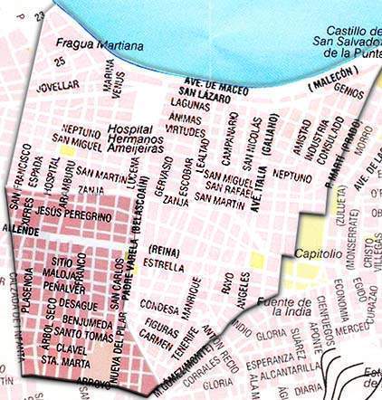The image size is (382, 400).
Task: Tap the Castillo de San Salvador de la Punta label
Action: [x=342, y=43]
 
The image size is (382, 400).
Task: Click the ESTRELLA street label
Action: [x=164, y=267]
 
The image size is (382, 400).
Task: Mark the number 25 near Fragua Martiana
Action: [x=61, y=62]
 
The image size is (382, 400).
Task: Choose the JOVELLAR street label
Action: [x=57, y=90]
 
